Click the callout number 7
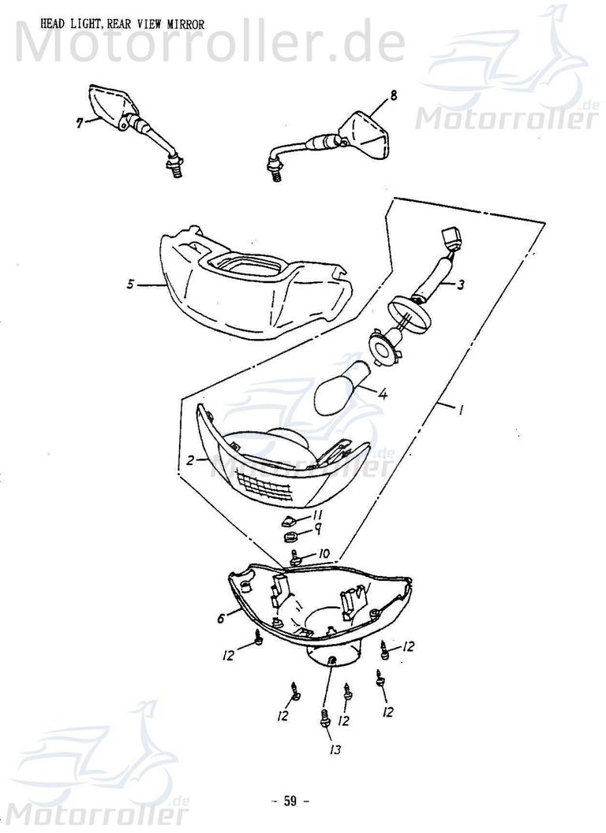point(79,123)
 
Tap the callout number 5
point(131,284)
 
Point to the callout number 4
point(382,395)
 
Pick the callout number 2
point(191,460)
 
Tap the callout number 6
point(221,619)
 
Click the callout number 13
point(335,749)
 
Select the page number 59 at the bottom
point(290,801)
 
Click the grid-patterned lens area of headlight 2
point(267,486)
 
